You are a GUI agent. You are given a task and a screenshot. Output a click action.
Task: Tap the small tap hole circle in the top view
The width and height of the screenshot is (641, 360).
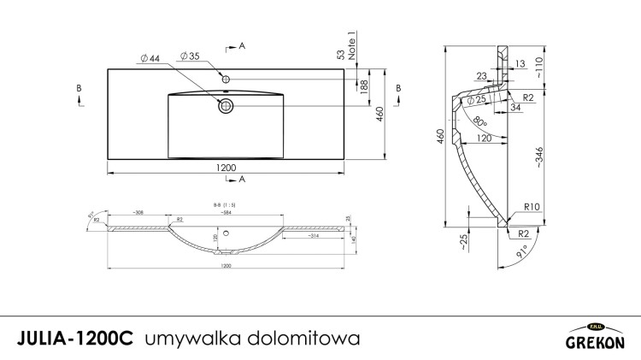[226, 80]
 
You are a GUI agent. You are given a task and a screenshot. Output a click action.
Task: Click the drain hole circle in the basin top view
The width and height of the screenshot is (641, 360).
[226, 106]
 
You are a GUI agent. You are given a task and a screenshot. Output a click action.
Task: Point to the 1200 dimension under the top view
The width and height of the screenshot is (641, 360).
[226, 167]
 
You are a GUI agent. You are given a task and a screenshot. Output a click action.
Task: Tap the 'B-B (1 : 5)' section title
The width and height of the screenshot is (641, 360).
[226, 205]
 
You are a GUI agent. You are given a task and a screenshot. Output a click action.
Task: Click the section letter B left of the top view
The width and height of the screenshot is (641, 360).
[79, 88]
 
